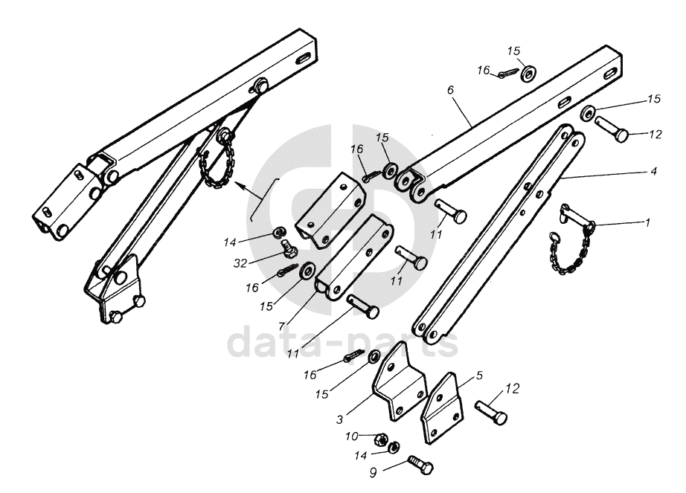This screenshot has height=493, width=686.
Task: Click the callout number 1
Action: (647, 222)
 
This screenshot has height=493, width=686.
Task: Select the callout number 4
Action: (653, 171)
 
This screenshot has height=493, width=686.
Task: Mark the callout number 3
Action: (339, 420)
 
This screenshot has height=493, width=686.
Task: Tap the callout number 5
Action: (479, 376)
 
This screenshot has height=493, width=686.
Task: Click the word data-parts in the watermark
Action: (342, 341)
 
